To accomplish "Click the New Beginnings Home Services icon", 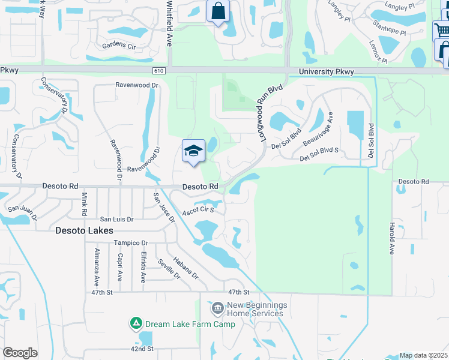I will pos(217,309).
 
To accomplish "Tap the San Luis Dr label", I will pos(116,220).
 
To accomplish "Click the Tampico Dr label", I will pos(131,243).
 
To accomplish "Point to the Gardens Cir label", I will pos(119,46).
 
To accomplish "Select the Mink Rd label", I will pos(84,204).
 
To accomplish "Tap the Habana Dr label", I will pos(185,268).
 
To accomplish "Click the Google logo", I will pos(20,353).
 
